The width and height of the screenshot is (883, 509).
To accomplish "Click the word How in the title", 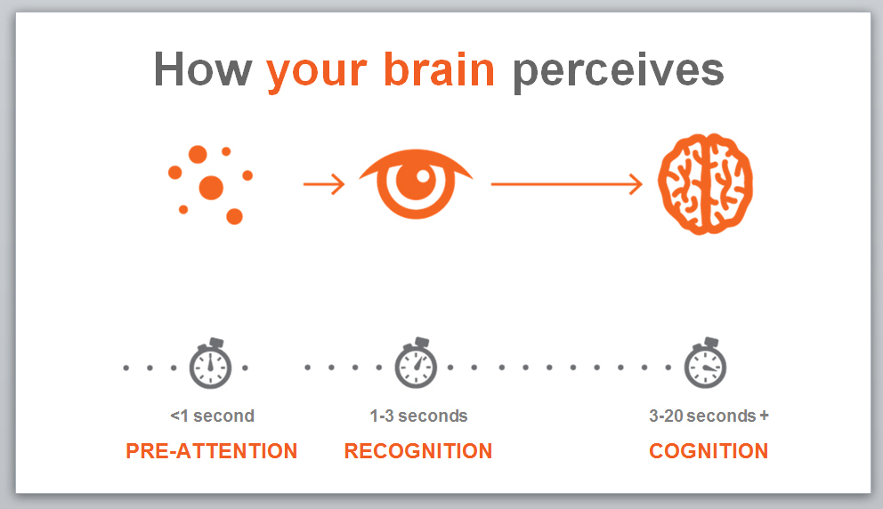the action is [203, 69].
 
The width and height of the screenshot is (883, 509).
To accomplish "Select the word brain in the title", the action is [439, 69].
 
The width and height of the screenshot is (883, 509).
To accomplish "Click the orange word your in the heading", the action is [317, 74].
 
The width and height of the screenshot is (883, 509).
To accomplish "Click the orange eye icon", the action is [417, 184].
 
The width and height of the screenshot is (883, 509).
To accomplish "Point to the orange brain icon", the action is [705, 184].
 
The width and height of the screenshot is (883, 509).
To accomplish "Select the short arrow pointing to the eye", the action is [324, 184].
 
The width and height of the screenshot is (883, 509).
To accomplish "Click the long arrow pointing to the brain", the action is [566, 184].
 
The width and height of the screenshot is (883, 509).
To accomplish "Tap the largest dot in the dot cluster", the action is [211, 188].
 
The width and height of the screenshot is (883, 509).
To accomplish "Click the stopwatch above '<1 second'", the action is [210, 364].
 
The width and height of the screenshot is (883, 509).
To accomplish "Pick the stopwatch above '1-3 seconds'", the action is [416, 363].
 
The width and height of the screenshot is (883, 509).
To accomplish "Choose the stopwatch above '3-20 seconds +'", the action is [705, 363].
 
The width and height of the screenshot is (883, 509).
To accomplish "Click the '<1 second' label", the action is [213, 416].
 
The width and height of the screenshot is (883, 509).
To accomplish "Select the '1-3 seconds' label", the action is [418, 416].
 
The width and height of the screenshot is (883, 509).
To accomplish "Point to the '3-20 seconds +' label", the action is [709, 416].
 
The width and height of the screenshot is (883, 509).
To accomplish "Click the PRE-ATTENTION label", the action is [211, 451].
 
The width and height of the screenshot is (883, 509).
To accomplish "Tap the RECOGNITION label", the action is [418, 451].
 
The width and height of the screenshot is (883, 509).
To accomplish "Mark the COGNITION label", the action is [709, 451].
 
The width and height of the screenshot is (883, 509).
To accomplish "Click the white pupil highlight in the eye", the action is [423, 177].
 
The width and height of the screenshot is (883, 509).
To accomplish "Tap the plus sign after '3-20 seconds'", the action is [764, 416].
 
